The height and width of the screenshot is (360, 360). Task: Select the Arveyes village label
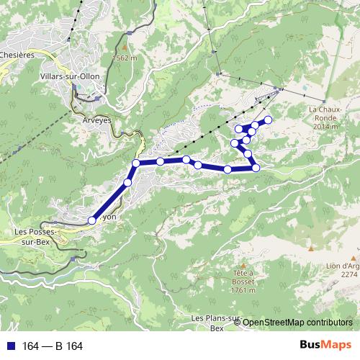click(x=97, y=120)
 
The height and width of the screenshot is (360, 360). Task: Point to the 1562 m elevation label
click(x=124, y=58)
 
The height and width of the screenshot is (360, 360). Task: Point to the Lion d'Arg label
click(x=341, y=266)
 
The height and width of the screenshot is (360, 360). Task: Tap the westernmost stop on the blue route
click(x=91, y=220)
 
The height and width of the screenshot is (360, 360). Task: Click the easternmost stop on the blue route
click(x=269, y=120)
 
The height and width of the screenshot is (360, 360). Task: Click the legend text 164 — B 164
click(x=53, y=346)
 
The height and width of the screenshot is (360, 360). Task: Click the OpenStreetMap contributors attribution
click(x=297, y=323)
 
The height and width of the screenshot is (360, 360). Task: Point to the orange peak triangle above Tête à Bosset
click(x=245, y=264)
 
